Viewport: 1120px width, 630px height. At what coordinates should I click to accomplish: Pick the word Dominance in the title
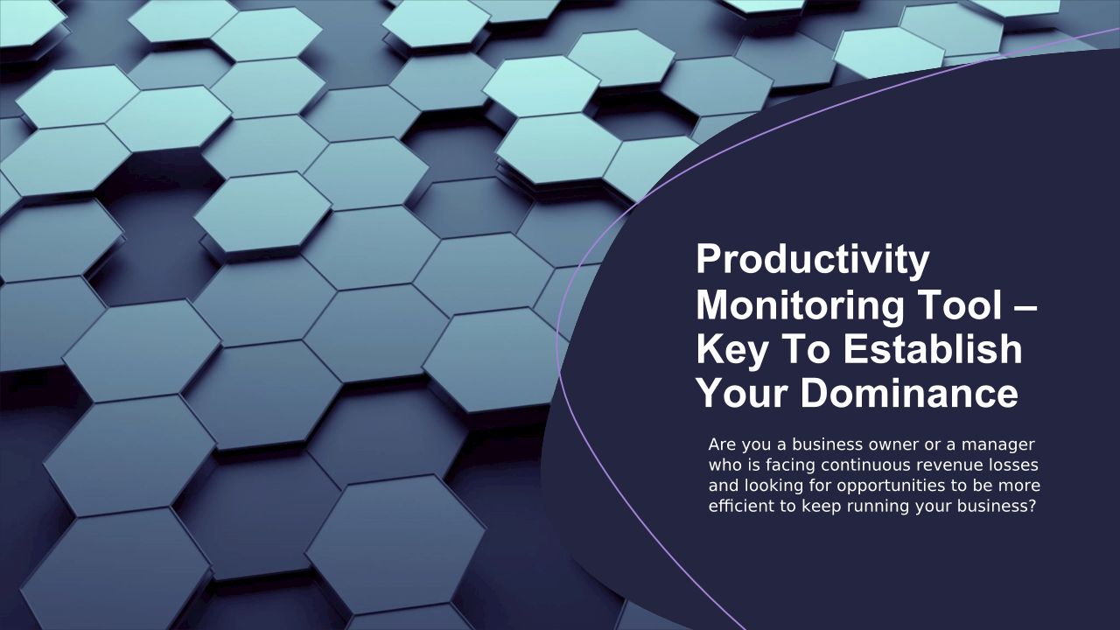click(x=909, y=394)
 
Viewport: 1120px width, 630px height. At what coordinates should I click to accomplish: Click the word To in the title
click(x=804, y=349)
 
